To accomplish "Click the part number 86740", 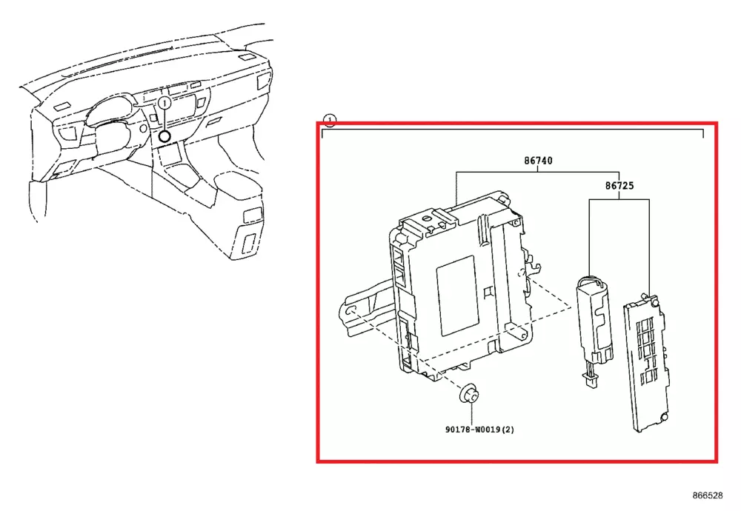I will pos(539,161).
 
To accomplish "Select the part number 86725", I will pos(619,188).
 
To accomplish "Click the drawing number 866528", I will pos(707,495).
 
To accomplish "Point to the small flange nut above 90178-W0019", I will pos(468,395).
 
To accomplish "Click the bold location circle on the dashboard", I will pos(165,136).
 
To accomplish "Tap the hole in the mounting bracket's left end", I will pos(351,310).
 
